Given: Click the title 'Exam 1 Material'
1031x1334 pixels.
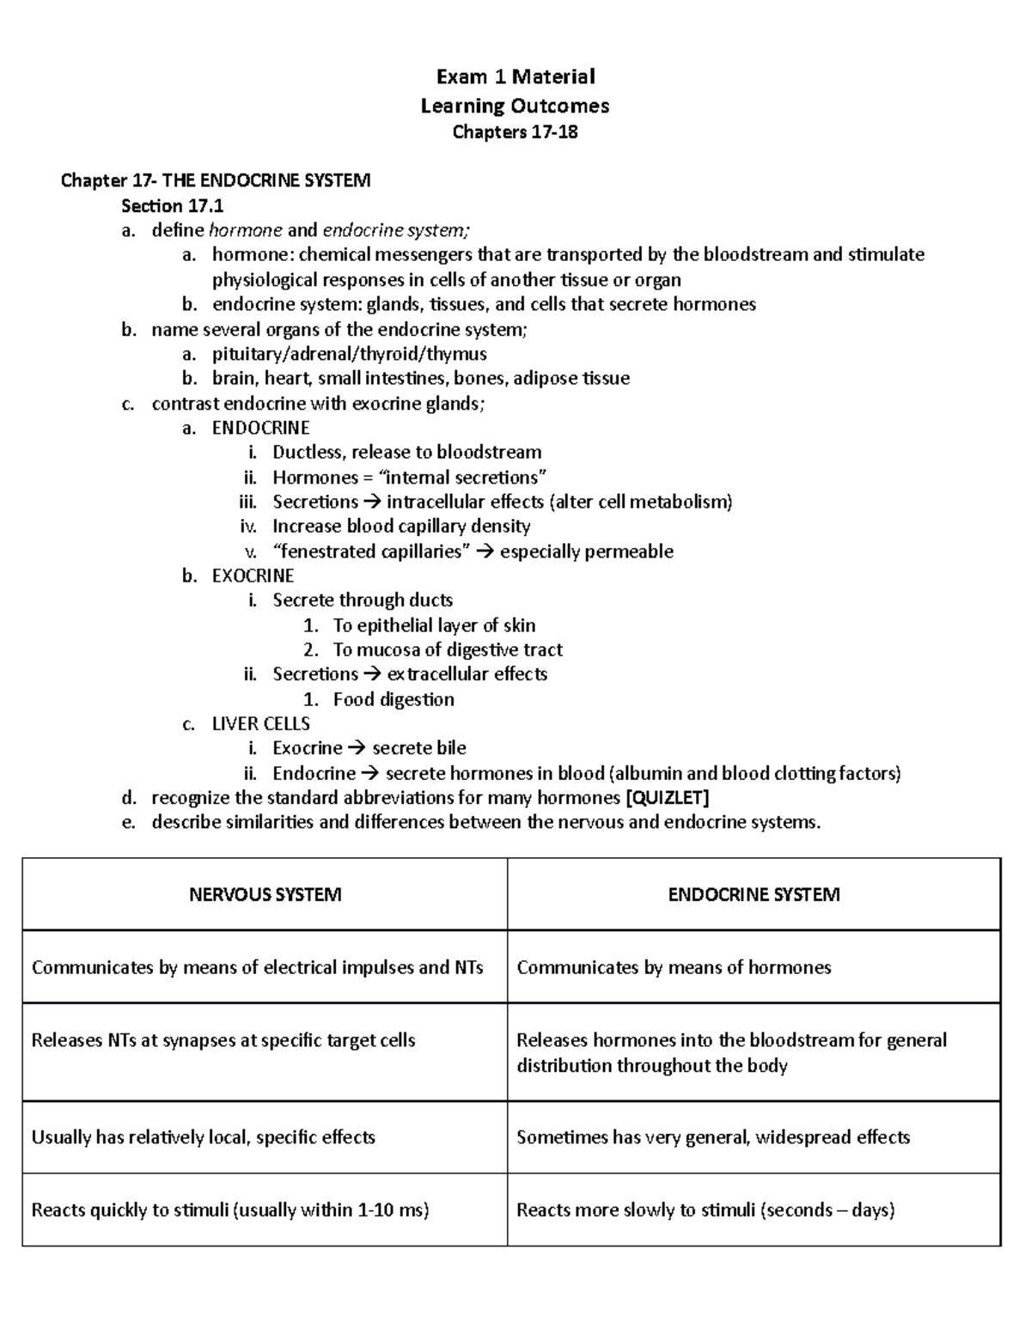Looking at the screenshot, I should (515, 77).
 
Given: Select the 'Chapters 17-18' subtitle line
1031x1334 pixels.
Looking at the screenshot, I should (515, 132).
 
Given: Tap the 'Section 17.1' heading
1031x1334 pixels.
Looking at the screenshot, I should (164, 206).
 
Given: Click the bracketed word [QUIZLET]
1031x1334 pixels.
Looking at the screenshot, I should (668, 798).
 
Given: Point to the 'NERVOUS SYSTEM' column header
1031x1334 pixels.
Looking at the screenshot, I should (265, 895).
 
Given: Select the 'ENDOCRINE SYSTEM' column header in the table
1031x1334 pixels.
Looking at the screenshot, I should (753, 895).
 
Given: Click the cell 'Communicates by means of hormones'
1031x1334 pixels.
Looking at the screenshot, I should (674, 968).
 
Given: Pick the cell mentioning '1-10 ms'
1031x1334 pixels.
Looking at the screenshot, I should (230, 1210).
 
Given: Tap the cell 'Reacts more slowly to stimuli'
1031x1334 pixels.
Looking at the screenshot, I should (705, 1210).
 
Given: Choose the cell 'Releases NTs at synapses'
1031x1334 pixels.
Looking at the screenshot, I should (223, 1041).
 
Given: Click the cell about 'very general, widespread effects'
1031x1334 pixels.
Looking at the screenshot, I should (713, 1137).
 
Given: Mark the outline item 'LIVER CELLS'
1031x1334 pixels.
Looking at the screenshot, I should (261, 724).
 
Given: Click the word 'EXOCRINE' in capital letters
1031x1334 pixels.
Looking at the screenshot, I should (253, 576).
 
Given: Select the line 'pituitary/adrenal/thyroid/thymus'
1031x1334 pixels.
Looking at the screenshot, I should (350, 354).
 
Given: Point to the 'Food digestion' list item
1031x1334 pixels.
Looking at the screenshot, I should (393, 699).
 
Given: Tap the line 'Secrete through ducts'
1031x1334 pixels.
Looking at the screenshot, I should (363, 600).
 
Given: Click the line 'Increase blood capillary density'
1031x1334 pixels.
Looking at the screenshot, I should (401, 527).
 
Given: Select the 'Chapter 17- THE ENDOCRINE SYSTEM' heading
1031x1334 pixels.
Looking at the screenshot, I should (216, 180).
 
